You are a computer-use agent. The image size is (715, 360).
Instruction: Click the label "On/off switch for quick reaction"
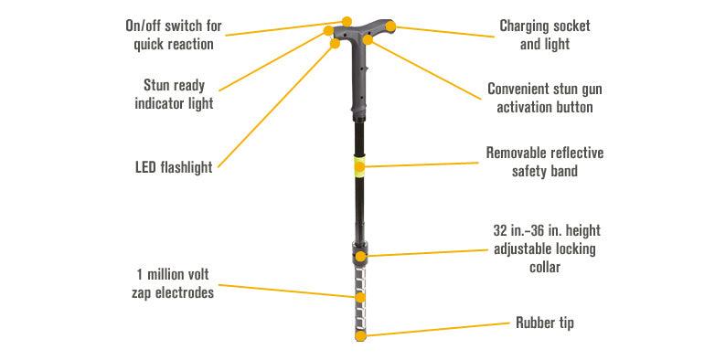coord(173,34)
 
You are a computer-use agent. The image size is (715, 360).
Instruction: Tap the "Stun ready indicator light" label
coord(173,94)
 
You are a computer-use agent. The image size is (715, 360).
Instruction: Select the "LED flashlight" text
coord(173,167)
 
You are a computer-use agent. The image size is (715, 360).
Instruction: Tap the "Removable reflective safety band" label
coord(545,162)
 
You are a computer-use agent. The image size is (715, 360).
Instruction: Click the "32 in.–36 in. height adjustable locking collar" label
coord(545,249)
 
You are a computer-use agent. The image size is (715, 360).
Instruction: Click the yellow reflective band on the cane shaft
coord(360,165)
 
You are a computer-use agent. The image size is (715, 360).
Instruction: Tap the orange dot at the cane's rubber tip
coord(360,336)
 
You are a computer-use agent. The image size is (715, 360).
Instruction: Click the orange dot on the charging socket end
coord(390,26)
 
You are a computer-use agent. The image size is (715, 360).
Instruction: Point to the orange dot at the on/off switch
coord(347,19)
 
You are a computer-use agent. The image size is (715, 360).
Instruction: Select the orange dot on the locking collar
coord(362,255)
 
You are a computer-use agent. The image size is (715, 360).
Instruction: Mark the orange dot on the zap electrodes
coord(360,298)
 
